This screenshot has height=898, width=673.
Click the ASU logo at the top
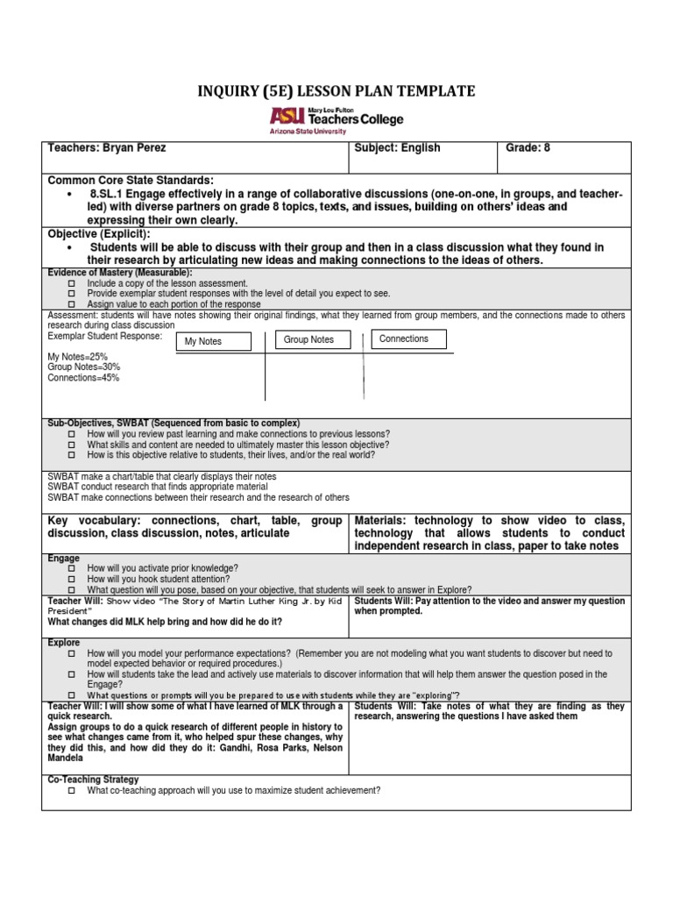(336, 119)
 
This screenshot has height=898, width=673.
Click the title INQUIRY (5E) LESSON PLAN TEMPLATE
(336, 91)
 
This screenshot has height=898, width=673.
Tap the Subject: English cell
(397, 148)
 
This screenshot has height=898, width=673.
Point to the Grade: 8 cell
(528, 148)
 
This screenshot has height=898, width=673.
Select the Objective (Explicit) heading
(99, 235)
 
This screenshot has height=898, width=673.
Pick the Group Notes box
(308, 339)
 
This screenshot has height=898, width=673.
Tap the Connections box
(404, 339)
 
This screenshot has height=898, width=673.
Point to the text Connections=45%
(84, 378)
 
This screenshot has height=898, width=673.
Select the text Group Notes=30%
(84, 367)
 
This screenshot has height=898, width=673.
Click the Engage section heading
(63, 558)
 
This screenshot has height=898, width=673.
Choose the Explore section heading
(65, 643)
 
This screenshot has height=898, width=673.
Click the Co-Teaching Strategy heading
(93, 780)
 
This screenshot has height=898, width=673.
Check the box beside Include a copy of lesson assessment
(72, 284)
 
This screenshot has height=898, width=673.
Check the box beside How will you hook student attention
(72, 580)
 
